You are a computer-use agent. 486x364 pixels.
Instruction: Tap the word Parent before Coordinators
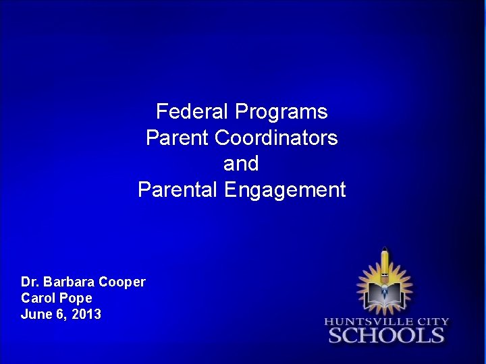[178, 138]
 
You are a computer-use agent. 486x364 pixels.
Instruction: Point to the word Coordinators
[276, 138]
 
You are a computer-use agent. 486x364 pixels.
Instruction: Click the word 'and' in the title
[241, 164]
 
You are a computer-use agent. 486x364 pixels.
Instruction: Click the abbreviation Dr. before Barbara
[30, 282]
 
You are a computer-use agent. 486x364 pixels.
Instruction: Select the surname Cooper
[122, 282]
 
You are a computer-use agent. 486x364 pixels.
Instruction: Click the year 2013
[87, 314]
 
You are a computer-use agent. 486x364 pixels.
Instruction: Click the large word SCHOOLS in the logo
[386, 336]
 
